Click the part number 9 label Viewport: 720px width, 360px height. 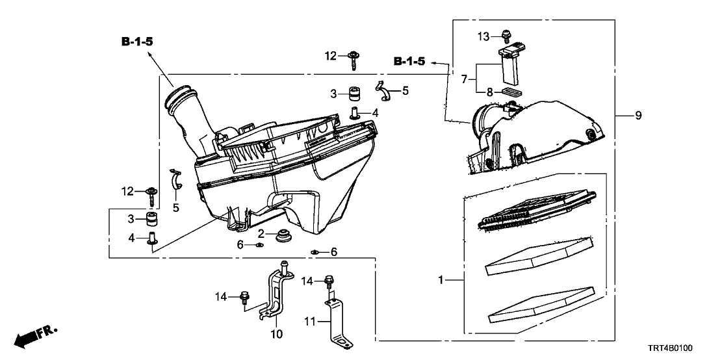(x=638, y=116)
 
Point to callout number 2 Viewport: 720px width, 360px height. (x=260, y=233)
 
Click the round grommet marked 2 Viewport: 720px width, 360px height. (x=283, y=235)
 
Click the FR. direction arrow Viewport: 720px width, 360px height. (x=32, y=337)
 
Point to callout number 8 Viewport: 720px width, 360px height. (x=490, y=92)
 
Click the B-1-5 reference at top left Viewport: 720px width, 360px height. (x=137, y=42)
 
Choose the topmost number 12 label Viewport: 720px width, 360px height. (x=331, y=57)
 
